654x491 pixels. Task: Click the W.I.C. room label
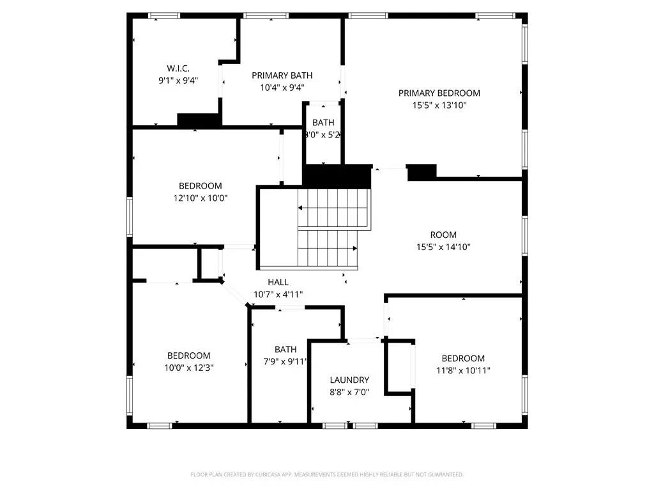click(178, 68)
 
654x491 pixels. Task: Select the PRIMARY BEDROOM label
click(439, 93)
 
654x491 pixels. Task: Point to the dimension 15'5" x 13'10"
click(439, 105)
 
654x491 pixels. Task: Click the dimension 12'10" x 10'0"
click(201, 198)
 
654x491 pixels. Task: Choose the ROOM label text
click(443, 235)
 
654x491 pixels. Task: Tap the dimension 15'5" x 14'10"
click(443, 247)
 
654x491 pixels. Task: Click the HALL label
click(278, 282)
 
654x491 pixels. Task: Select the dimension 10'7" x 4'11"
click(278, 294)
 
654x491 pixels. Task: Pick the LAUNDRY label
click(349, 380)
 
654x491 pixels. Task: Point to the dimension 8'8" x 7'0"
click(349, 392)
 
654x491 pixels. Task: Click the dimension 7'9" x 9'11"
click(285, 361)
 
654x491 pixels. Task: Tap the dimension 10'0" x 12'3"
click(188, 368)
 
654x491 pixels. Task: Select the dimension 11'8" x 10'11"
click(463, 370)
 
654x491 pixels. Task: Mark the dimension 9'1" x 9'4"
click(178, 81)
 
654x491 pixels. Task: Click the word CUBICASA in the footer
click(261, 474)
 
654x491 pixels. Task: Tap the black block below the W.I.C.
click(199, 120)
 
